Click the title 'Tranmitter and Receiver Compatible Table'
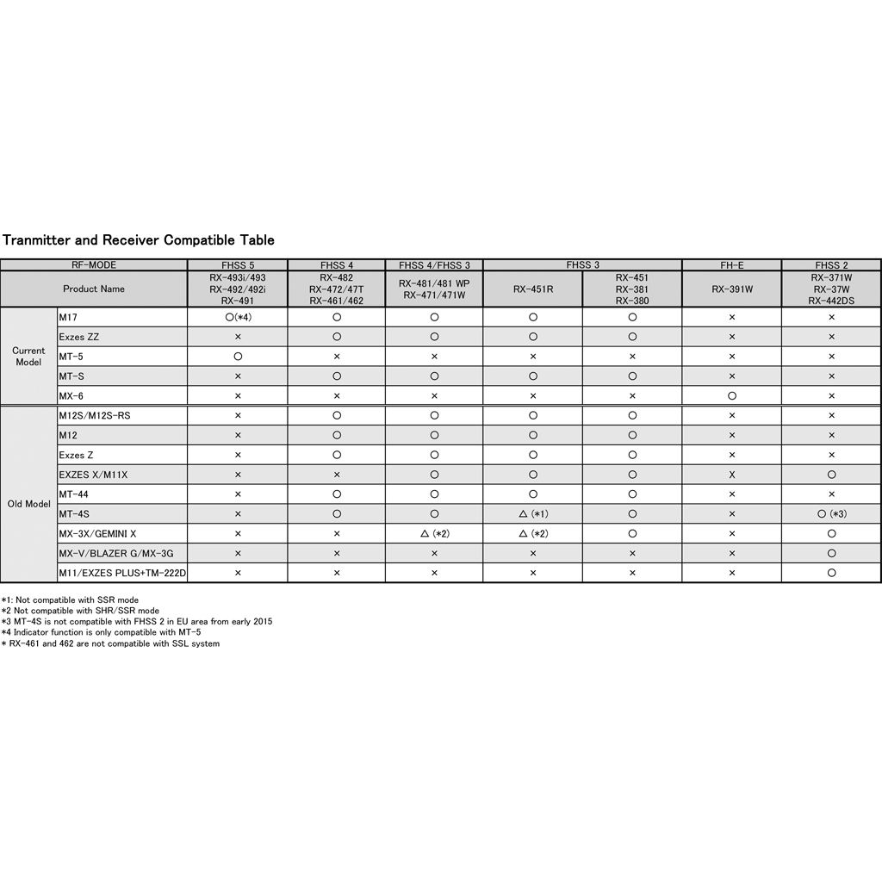click(139, 239)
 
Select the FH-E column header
click(731, 265)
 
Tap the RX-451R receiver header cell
click(532, 289)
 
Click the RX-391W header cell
click(731, 289)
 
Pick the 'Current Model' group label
click(28, 357)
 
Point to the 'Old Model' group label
click(28, 504)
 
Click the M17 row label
click(68, 318)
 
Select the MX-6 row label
click(71, 396)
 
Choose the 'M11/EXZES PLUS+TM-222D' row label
click(122, 573)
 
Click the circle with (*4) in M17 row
click(237, 318)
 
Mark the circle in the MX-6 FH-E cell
click(731, 396)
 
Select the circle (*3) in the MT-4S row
click(831, 514)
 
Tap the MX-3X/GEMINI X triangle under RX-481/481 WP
click(434, 534)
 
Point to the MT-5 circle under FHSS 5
click(237, 357)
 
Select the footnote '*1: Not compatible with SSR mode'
click(70, 599)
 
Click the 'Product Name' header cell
click(93, 289)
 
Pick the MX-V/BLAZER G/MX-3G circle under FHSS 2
click(831, 553)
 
